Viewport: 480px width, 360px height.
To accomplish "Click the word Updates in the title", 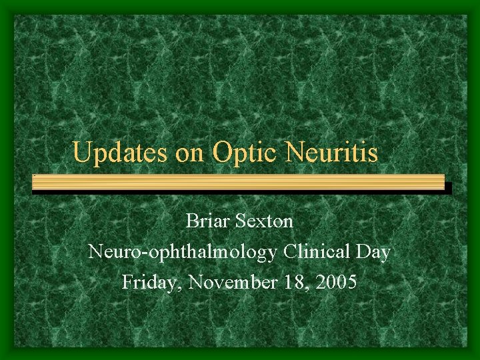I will [121, 153].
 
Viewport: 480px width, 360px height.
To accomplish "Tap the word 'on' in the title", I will [191, 153].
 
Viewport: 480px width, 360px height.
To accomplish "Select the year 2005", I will [337, 283].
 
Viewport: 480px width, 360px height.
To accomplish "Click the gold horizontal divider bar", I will [238, 181].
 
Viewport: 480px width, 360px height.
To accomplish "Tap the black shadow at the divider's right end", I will [449, 188].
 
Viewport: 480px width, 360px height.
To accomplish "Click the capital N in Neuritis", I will [295, 153].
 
